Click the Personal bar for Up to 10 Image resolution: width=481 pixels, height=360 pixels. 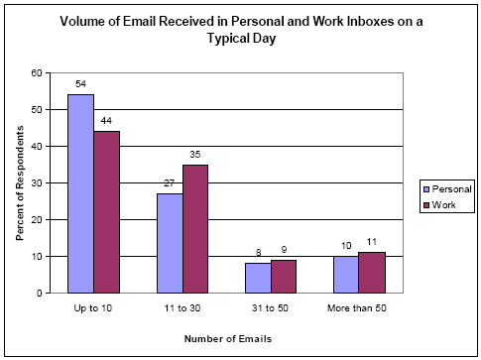point(80,193)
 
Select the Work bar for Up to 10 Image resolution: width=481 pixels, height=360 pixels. point(106,212)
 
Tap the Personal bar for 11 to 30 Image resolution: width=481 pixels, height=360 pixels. point(170,243)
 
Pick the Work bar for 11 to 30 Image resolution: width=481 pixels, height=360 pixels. point(194,228)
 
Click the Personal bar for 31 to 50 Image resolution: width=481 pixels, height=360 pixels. point(258,278)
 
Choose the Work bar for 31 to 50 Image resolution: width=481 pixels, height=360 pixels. point(283,276)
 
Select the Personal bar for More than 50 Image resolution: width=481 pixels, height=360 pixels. point(345,274)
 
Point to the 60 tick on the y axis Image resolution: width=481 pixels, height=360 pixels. point(37,73)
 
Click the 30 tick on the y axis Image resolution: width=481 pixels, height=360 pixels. point(37,182)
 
